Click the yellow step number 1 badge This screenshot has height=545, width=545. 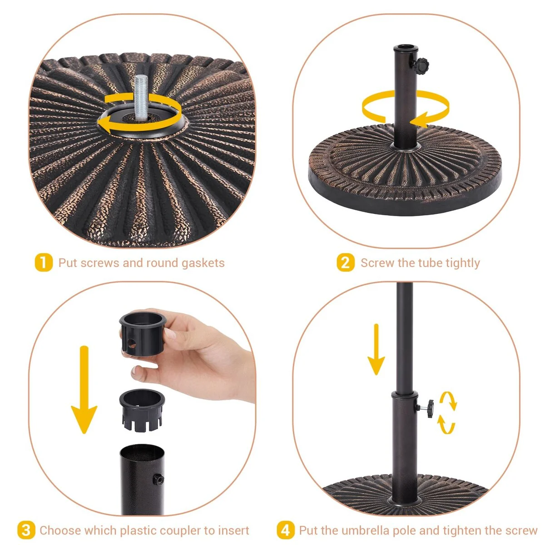[x=44, y=263]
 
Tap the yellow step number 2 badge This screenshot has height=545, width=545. [x=345, y=263]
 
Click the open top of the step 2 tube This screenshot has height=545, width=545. [x=406, y=47]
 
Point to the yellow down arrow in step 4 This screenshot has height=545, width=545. [x=376, y=350]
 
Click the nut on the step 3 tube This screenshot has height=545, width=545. [x=159, y=479]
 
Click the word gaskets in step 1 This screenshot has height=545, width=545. [x=203, y=263]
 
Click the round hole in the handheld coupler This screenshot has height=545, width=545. [x=132, y=343]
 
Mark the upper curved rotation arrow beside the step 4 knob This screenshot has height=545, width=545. [x=449, y=400]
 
